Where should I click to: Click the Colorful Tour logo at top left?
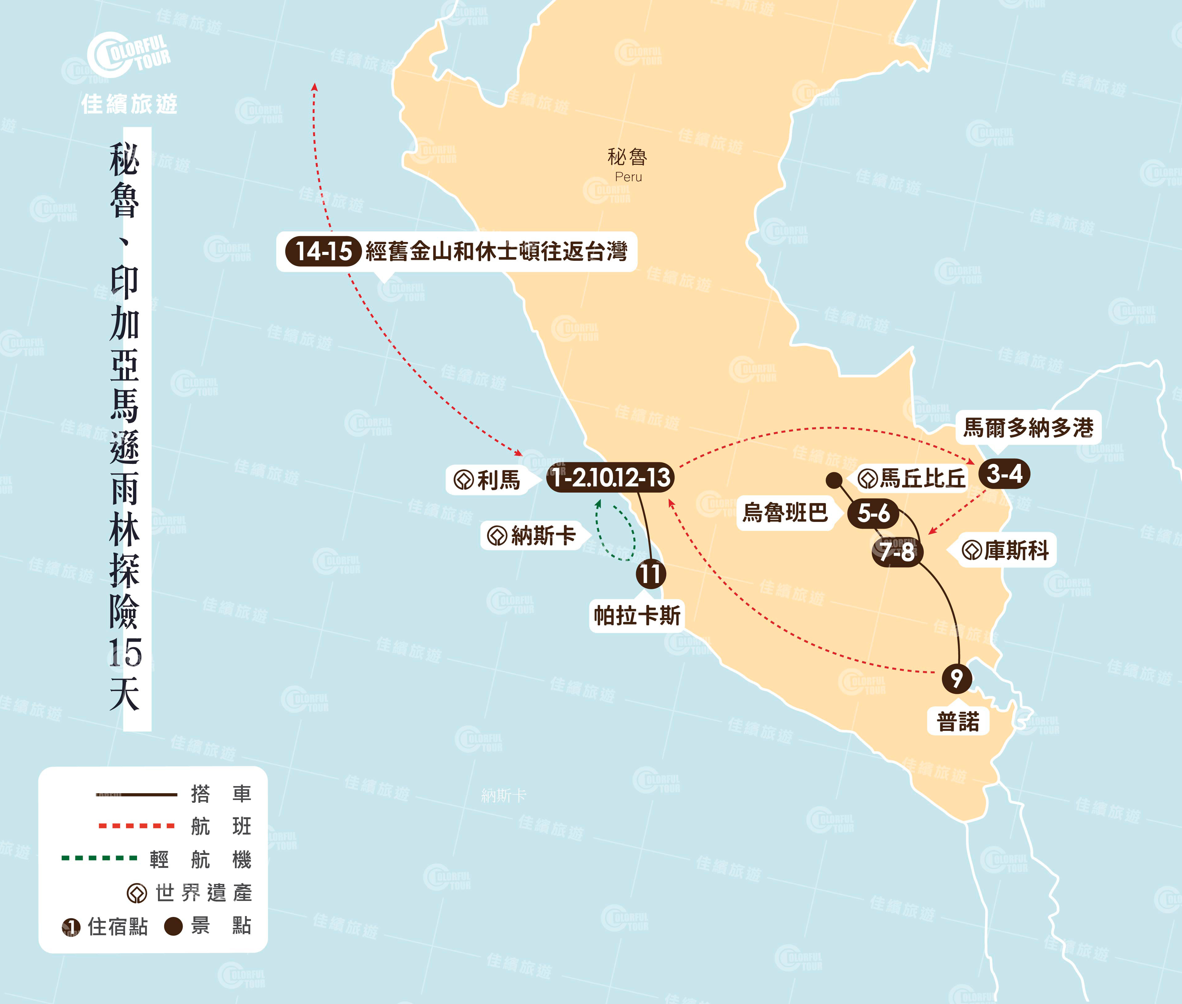[x=128, y=55]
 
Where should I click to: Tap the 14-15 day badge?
[x=323, y=251]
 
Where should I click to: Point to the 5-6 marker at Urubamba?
[x=873, y=513]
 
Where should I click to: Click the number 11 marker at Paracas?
[x=651, y=573]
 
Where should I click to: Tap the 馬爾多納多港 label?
[x=1028, y=427]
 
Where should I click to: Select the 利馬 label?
[x=498, y=480]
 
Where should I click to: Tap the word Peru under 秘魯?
[x=628, y=177]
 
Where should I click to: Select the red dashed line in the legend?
[x=137, y=825]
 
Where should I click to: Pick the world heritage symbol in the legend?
[x=137, y=893]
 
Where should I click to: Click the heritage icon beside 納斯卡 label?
[x=497, y=535]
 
